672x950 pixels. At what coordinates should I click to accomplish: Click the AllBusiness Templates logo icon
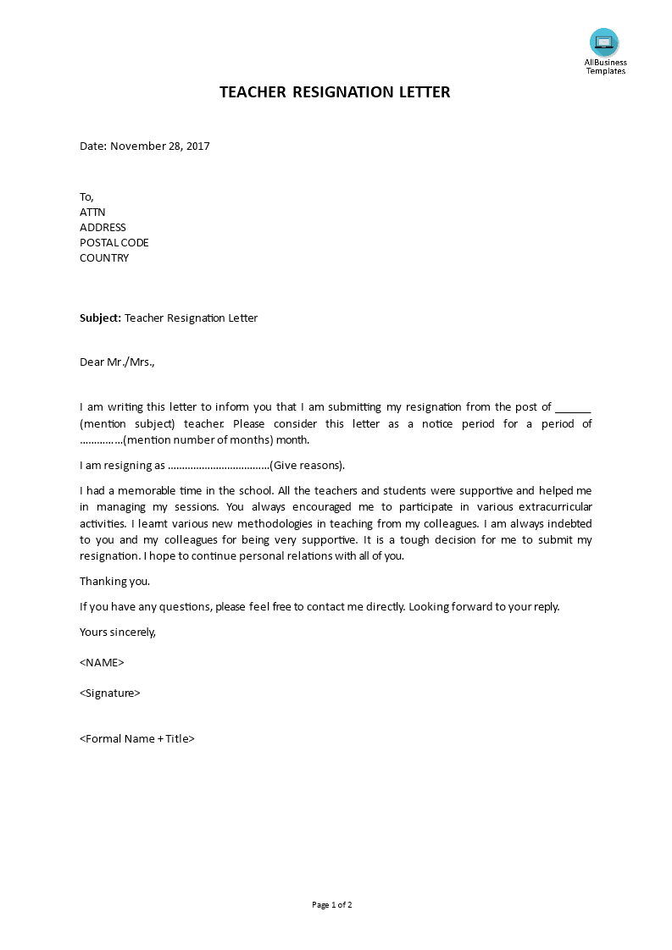point(604,42)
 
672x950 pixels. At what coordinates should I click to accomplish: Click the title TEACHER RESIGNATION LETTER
point(336,92)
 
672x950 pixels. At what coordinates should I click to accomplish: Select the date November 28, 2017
point(160,146)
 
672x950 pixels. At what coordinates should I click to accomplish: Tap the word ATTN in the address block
point(92,213)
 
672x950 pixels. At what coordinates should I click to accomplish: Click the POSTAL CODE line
point(114,243)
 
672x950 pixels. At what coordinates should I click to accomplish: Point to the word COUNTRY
point(104,258)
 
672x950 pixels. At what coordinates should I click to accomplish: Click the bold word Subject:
point(101,318)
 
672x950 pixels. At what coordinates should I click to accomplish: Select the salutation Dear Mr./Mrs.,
point(118,362)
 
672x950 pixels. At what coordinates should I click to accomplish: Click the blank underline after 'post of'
point(574,407)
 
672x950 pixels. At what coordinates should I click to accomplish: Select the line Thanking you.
point(115,581)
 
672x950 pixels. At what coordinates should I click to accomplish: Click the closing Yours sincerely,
point(118,632)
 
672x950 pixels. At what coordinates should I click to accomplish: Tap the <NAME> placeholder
point(102,662)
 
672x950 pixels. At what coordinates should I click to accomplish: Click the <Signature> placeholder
point(110,693)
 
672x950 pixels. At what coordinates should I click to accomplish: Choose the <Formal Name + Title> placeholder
point(137,738)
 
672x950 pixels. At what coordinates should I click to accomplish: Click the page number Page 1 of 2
point(332,904)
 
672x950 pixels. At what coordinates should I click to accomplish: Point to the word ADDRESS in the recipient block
point(103,228)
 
